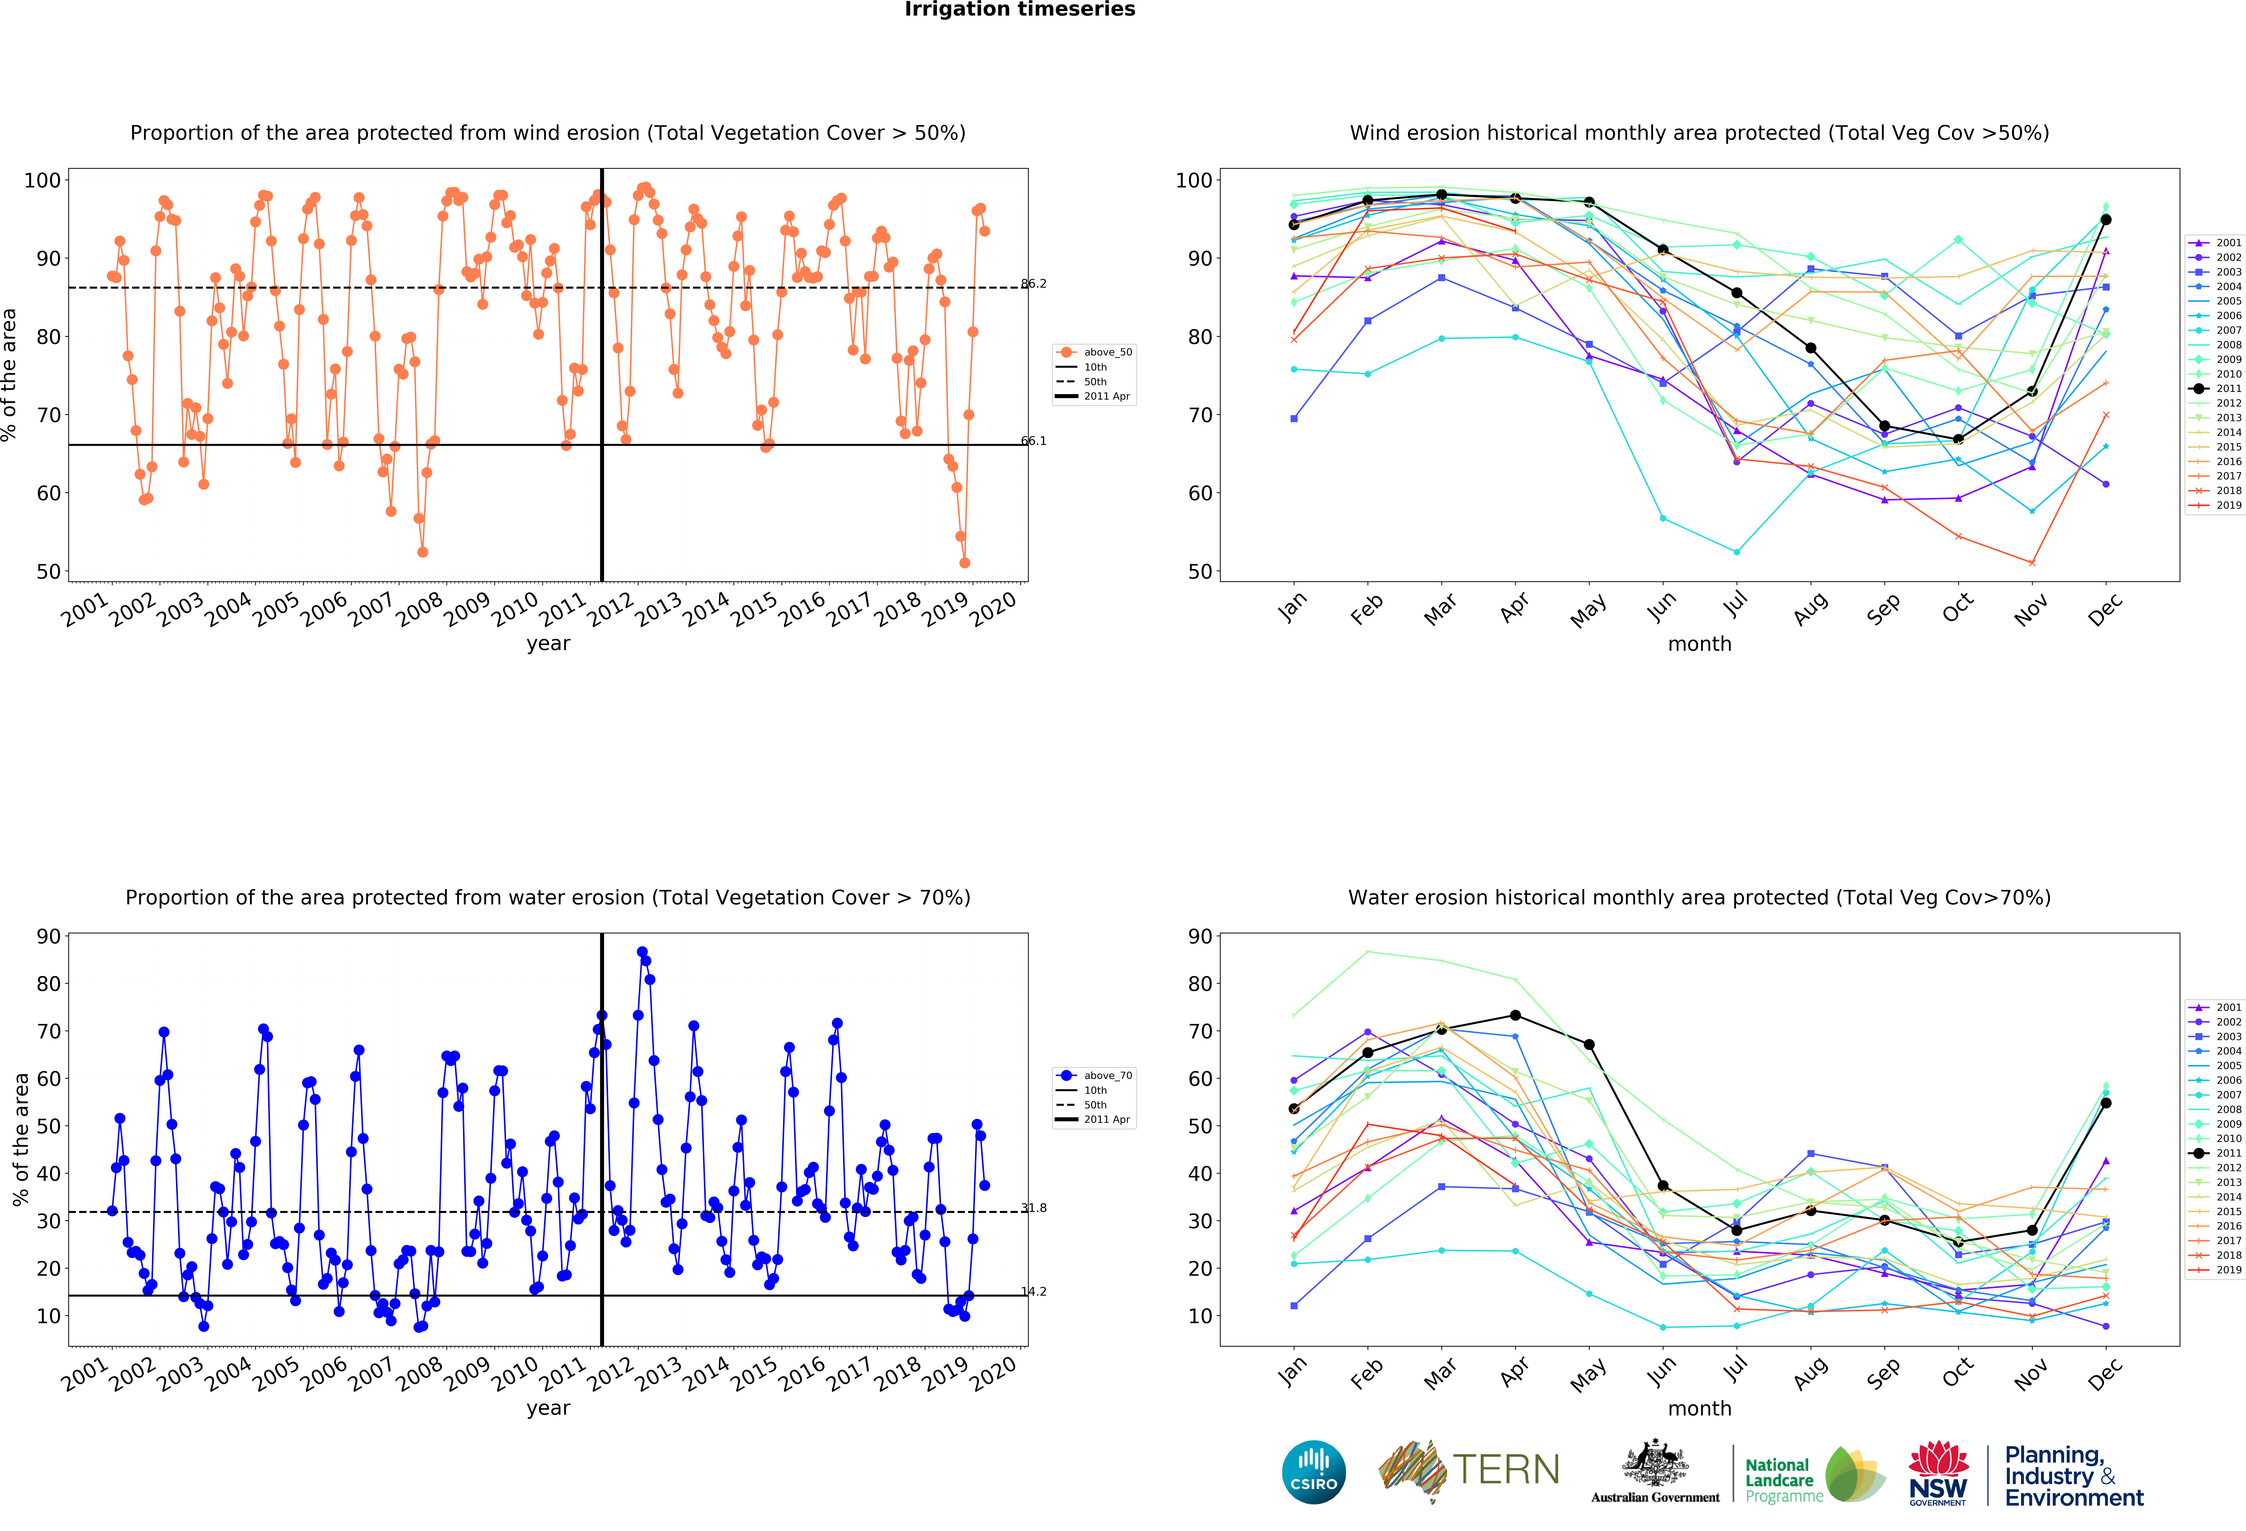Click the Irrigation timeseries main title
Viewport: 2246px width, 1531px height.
[1020, 10]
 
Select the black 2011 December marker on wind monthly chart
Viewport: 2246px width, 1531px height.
[2106, 219]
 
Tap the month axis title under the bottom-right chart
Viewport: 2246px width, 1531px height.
[1699, 1408]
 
